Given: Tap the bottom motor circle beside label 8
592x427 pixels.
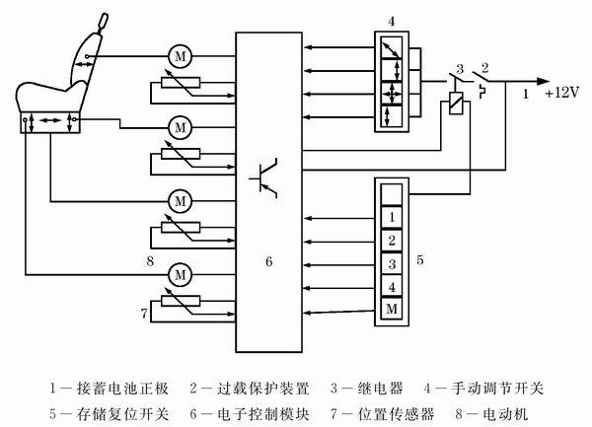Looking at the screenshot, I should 180,271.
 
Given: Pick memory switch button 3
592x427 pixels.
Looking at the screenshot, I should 392,264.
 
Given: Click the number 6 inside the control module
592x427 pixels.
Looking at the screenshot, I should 268,262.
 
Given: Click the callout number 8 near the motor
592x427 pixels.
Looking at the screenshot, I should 149,262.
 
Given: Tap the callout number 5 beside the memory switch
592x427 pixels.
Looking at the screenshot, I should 421,260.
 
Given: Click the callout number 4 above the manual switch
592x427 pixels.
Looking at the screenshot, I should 392,21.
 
